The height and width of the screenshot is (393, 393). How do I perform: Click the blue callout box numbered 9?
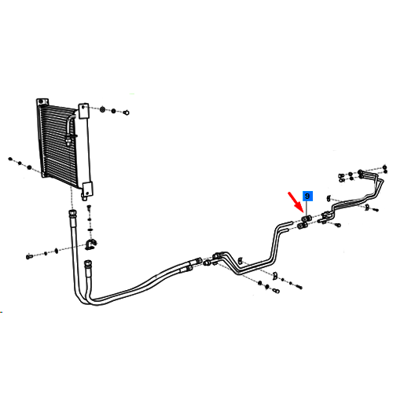coord(307,196)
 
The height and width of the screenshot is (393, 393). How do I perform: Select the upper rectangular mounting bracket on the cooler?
coord(83,111)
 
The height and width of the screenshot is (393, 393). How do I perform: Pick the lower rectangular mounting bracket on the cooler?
coord(87,189)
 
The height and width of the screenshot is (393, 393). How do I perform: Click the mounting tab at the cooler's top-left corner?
coord(42,101)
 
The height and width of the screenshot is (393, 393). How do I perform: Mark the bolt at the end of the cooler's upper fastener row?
coord(127,112)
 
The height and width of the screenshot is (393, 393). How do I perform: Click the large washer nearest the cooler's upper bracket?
coord(103,109)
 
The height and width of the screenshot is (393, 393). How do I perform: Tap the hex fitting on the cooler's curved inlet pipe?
coord(68,140)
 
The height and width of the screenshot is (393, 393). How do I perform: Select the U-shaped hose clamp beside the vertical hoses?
coord(90,244)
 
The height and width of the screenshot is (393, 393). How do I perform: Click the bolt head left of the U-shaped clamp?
coord(29,256)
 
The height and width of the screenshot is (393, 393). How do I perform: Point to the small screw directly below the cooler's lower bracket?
coord(89,208)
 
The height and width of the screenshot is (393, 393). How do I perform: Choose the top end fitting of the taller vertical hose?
coord(72,214)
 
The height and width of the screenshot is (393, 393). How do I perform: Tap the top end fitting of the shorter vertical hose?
coord(87,264)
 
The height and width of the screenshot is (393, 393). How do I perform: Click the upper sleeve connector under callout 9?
coord(306,219)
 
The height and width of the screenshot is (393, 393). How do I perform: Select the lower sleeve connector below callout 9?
coord(303,226)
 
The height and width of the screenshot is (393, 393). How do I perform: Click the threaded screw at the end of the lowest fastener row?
coord(299,287)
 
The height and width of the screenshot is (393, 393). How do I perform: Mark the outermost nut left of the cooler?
coord(10,159)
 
